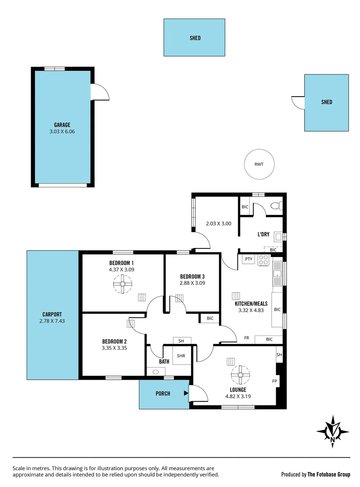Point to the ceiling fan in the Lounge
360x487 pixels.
coord(240,374)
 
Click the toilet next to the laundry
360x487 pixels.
coord(275,206)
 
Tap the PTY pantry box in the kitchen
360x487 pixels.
coord(248,259)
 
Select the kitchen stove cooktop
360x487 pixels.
coord(264,260)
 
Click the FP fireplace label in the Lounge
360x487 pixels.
coord(274,381)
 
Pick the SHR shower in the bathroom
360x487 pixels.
coord(181,356)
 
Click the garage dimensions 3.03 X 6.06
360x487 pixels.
coord(62,132)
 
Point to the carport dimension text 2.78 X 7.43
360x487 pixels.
coord(52,322)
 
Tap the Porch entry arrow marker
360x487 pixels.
coord(185,393)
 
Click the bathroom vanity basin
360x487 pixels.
coord(156,372)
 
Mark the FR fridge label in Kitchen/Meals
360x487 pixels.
coord(246,338)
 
